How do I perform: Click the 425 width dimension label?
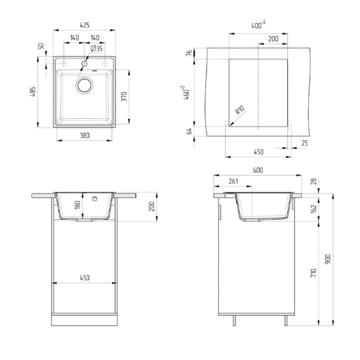[x=85, y=25]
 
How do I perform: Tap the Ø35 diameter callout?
[x=96, y=49]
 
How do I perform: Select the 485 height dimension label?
[x=33, y=91]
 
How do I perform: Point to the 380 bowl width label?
[x=85, y=135]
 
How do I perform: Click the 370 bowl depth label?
[x=124, y=96]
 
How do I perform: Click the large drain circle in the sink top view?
[x=85, y=85]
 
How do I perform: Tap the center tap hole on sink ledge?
[x=85, y=63]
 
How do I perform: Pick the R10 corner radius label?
[x=240, y=110]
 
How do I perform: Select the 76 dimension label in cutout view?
[x=189, y=53]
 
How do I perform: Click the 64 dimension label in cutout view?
[x=189, y=131]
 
